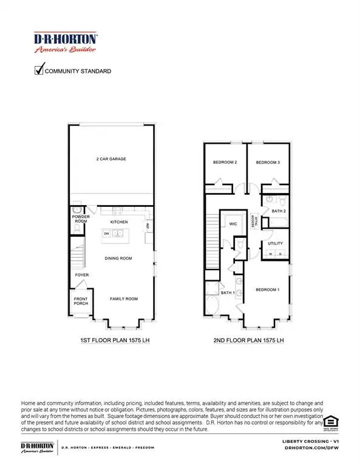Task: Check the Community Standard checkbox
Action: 39,71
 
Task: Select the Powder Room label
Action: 81,219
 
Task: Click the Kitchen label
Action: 118,223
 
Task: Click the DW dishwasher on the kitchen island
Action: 107,233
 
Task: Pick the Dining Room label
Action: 118,258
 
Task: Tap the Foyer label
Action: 82,275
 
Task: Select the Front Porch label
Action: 81,302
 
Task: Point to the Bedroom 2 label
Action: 224,163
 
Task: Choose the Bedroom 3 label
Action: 267,163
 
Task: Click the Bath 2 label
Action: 279,210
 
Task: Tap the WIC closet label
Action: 232,223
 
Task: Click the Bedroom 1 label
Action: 267,289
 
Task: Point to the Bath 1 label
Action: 228,294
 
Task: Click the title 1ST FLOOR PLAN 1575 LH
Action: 115,340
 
